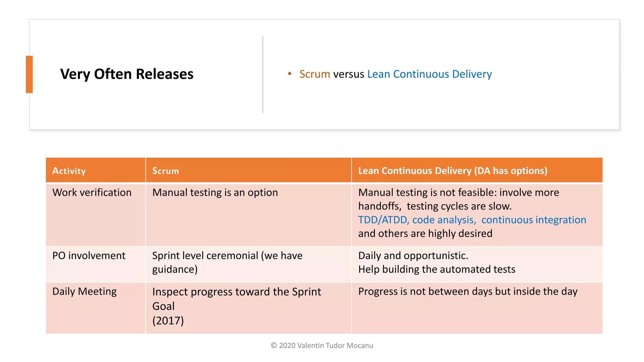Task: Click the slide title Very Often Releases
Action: (x=127, y=74)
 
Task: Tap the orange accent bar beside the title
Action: (x=29, y=74)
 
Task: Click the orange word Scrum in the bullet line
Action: (x=314, y=74)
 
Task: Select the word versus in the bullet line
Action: (x=348, y=74)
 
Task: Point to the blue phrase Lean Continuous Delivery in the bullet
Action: (x=429, y=74)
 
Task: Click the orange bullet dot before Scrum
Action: (x=290, y=74)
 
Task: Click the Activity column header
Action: (x=69, y=171)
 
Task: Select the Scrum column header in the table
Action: (x=165, y=171)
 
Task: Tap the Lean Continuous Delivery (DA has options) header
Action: (x=452, y=171)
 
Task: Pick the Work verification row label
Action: (x=92, y=192)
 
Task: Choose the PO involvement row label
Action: (x=89, y=255)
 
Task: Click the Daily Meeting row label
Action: (x=84, y=291)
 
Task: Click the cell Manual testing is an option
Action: (x=215, y=192)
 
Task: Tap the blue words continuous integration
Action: (x=534, y=220)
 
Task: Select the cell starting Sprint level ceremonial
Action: (x=227, y=262)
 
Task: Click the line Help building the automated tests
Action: (x=436, y=269)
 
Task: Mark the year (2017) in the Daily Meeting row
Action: (x=168, y=321)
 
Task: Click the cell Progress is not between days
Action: (x=468, y=291)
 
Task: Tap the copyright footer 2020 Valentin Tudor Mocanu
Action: (x=322, y=345)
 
